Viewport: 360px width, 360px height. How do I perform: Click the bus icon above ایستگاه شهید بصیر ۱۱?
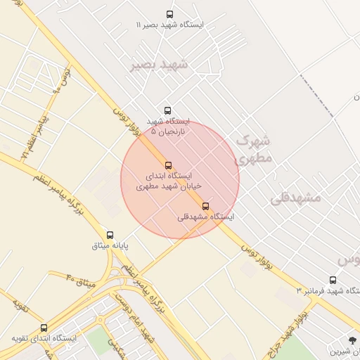point(169,14)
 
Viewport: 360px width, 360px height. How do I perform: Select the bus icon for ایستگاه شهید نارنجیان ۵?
point(167,110)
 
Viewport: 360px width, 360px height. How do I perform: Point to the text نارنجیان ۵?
point(163,131)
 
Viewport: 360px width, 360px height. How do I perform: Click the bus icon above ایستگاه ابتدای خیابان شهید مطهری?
point(168,165)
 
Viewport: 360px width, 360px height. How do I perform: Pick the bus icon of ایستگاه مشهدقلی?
point(205,206)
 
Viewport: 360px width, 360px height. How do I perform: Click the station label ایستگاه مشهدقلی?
point(205,217)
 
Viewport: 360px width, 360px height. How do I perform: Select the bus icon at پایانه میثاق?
point(110,235)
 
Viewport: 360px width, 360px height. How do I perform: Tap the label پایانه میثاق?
point(110,246)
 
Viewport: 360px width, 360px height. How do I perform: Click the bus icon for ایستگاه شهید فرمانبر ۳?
point(333,280)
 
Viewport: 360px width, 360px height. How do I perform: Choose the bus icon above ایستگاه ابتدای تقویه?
point(44,328)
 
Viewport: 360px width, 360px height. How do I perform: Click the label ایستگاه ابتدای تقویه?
point(44,338)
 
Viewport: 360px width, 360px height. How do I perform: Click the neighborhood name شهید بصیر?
point(160,65)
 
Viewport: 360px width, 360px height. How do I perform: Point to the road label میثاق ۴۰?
point(80,281)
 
